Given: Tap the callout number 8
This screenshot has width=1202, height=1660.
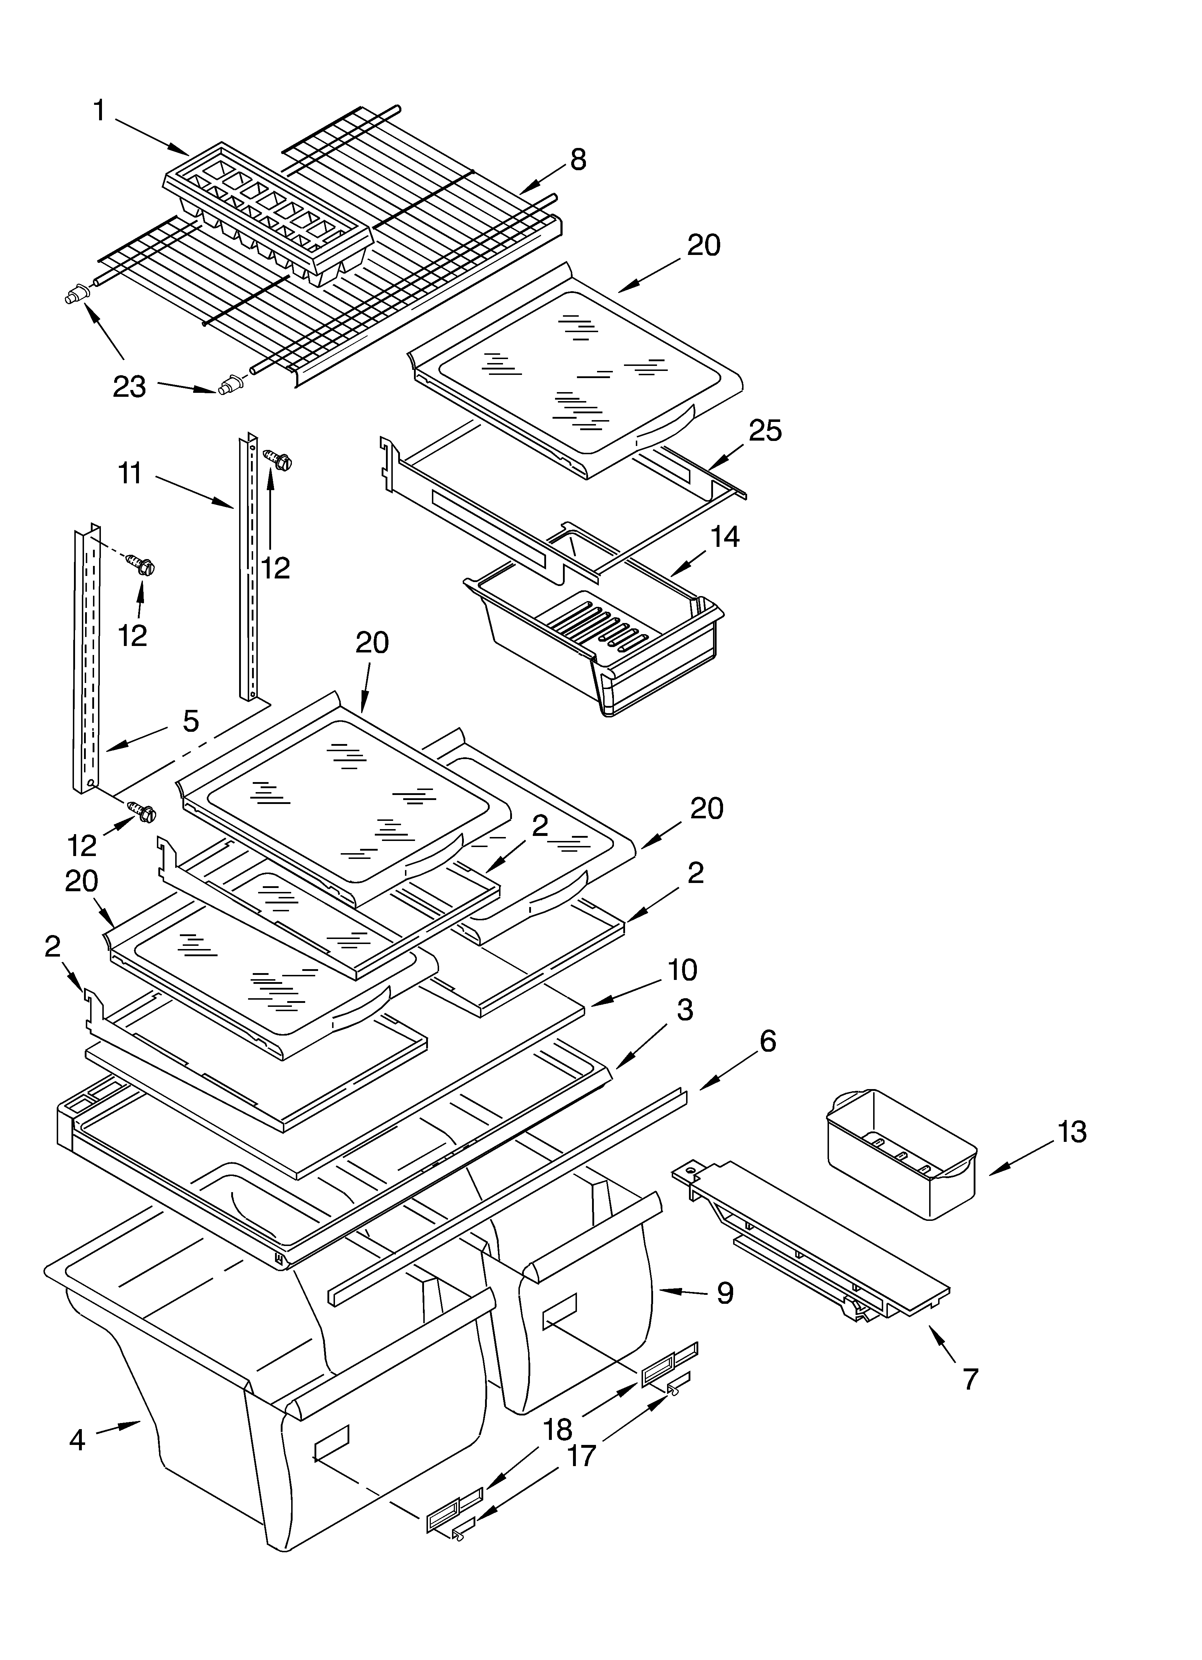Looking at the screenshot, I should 578,159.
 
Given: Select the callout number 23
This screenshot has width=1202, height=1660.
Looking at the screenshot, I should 130,386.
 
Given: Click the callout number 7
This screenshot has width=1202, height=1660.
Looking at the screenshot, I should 970,1379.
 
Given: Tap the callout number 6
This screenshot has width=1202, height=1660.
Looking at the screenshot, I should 767,1042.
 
